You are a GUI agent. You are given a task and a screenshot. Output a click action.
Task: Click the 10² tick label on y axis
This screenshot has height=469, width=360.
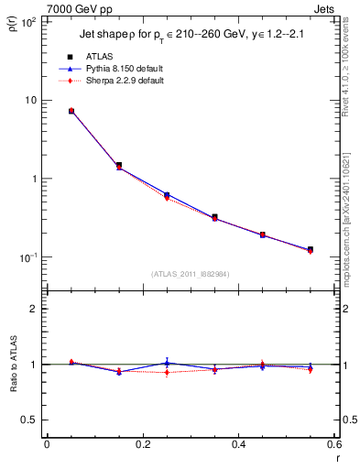(x=29, y=21)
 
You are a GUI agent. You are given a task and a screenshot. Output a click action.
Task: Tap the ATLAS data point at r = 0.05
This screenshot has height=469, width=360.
(x=71, y=111)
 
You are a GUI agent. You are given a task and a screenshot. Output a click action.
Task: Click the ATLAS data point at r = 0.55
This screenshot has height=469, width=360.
(x=310, y=249)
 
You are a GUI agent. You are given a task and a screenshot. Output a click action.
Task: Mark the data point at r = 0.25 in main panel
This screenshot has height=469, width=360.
(x=167, y=195)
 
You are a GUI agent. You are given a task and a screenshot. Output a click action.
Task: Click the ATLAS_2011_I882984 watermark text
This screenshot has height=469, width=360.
(x=191, y=274)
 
